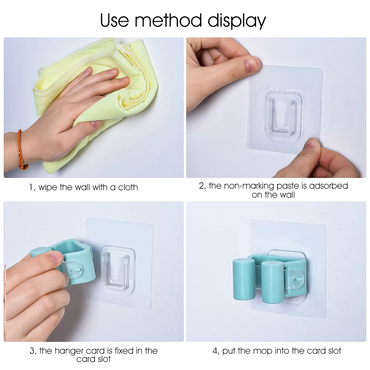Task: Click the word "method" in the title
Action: (x=168, y=20)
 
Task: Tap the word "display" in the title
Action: (x=237, y=21)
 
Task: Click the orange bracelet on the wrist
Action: (x=21, y=150)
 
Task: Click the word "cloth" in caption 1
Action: (x=128, y=187)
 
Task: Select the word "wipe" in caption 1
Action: (x=48, y=188)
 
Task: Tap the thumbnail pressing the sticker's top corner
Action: (x=253, y=64)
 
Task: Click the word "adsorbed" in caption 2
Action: (x=329, y=186)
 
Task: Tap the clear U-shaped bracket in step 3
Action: (x=118, y=270)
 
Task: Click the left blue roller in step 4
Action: (x=244, y=279)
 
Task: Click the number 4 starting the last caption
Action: (x=215, y=351)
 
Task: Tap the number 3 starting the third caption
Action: (x=32, y=351)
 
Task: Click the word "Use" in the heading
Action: (x=114, y=20)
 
